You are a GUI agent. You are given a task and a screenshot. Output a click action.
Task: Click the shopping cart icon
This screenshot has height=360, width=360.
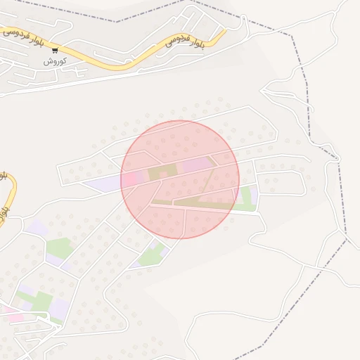(x=55, y=51)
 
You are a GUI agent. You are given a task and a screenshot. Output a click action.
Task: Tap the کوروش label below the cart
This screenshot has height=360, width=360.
(x=55, y=61)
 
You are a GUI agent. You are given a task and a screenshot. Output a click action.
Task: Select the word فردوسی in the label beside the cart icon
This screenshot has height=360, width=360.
(x=14, y=34)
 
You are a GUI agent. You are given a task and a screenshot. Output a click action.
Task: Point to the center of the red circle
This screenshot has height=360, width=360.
(x=180, y=179)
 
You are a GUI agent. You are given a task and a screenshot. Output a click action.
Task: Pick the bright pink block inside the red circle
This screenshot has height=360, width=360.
(x=133, y=178)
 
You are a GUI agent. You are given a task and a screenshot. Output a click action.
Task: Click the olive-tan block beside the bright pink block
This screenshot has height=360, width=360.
(x=158, y=173)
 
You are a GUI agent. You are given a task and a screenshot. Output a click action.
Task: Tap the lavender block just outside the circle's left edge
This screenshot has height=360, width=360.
(x=103, y=184)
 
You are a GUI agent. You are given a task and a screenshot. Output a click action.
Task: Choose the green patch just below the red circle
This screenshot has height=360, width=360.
(x=150, y=257)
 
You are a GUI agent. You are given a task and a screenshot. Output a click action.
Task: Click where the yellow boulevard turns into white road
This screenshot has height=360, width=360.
(x=226, y=30)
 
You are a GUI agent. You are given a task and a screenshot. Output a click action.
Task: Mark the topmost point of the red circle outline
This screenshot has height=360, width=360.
(x=180, y=120)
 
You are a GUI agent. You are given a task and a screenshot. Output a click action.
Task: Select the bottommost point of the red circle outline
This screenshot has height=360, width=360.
(x=180, y=238)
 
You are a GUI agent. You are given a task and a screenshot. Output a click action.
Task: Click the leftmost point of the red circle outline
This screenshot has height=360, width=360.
(x=121, y=179)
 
